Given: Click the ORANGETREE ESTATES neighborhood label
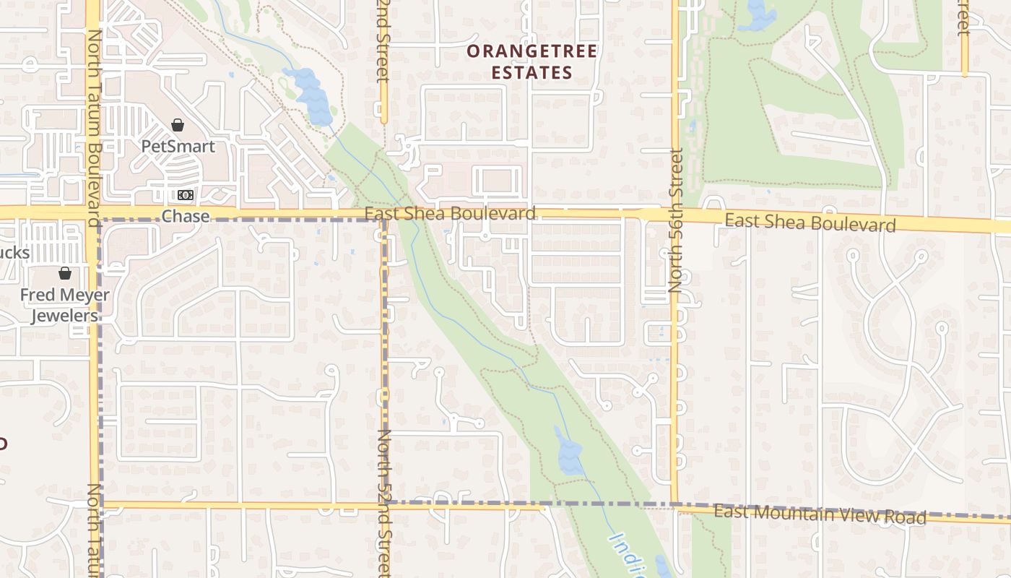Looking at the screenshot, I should point(531,61).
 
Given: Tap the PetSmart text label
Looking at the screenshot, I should point(178,146).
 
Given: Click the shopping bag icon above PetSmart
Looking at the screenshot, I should point(178,125).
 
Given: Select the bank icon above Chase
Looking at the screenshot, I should point(186,195).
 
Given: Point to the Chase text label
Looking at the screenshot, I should point(186,216).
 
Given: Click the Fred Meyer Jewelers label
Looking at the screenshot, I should point(64,305).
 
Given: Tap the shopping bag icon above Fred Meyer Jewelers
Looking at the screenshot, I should point(65,273).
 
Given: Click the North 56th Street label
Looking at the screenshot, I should point(676,220).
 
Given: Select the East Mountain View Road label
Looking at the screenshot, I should point(820,514).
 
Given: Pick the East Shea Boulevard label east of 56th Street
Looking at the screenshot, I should point(810,223).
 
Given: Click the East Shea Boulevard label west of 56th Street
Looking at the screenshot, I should point(450,213).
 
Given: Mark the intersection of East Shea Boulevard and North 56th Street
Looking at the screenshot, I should point(676,215).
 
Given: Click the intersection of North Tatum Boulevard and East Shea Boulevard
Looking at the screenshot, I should point(93,212).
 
